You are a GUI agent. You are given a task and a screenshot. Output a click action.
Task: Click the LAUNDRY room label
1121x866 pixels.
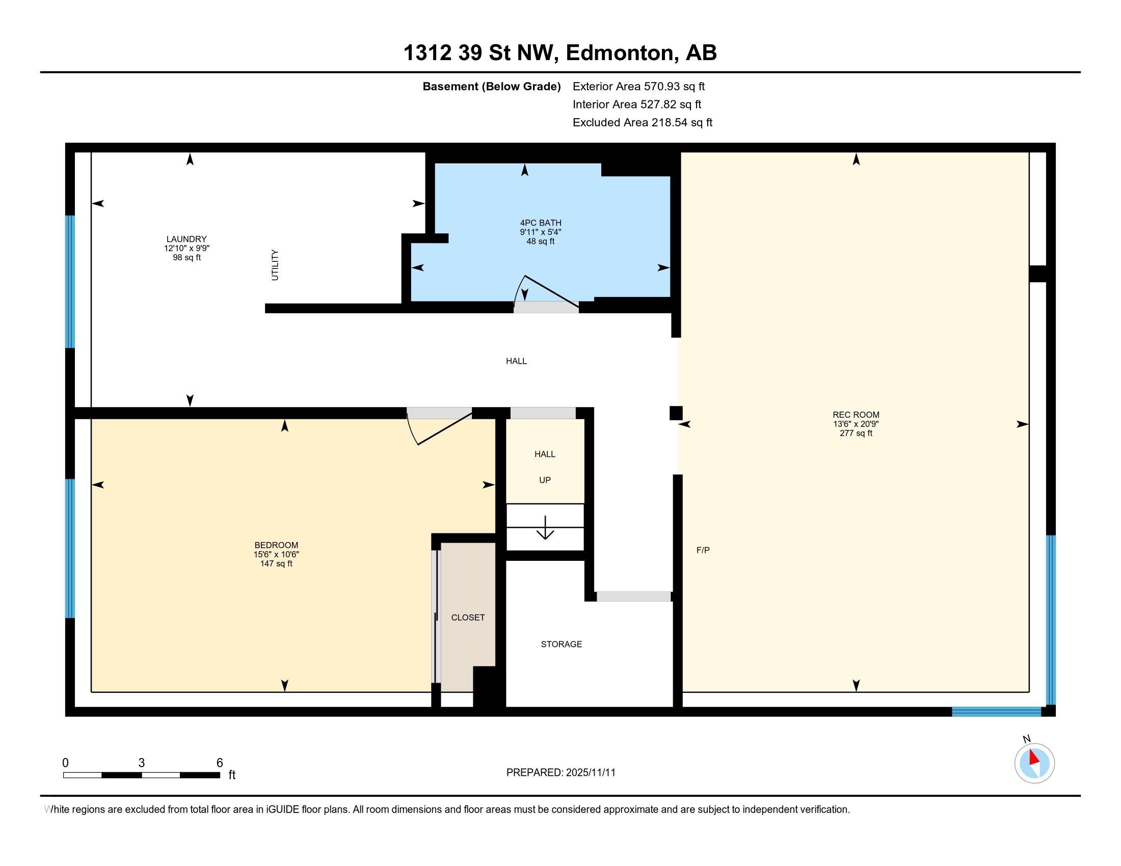coord(186,239)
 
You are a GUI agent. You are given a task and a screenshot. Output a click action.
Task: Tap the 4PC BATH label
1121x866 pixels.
coord(541,223)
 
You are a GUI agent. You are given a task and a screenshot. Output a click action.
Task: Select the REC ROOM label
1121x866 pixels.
coord(856,415)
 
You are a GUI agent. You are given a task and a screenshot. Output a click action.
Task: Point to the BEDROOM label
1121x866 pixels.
coord(276,545)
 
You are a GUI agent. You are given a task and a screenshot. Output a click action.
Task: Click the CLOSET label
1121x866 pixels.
coord(468,618)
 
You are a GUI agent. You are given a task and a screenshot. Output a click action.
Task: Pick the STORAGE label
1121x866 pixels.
coord(561,644)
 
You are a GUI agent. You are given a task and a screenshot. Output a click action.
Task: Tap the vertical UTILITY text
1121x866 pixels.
coord(275,265)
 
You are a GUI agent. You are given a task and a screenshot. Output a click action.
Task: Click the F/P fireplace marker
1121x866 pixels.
coord(703,550)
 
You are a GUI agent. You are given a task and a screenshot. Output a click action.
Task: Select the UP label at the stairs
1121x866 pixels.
coord(545,480)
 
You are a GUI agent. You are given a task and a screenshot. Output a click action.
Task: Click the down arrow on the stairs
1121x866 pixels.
coord(545,527)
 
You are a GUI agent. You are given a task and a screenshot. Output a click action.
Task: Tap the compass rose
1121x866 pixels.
coord(1034,763)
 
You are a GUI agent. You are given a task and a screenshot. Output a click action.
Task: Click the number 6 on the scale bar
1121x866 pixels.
coord(219,763)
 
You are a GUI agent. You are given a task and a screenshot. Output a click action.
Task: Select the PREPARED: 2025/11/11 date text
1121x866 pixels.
coord(560,773)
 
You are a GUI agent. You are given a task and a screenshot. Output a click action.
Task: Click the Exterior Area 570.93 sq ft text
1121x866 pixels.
coord(638,87)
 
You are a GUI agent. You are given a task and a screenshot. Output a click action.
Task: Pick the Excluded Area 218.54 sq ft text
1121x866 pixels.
coord(642,123)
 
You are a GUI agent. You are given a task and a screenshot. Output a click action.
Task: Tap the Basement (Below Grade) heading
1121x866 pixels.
coord(491,87)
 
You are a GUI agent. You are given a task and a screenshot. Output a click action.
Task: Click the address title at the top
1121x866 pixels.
coord(560,53)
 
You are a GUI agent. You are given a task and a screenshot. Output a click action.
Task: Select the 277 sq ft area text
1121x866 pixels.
coord(856,433)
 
